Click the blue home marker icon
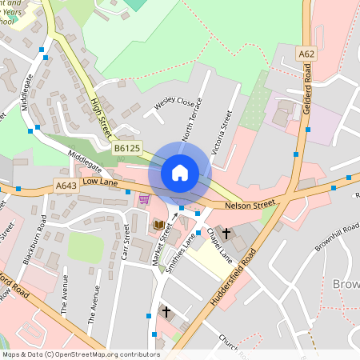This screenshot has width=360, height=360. [x=180, y=172]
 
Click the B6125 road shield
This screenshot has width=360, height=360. [x=126, y=149]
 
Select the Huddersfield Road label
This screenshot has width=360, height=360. [x=232, y=280]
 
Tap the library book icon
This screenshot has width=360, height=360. [x=158, y=226]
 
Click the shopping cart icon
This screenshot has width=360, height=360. [x=144, y=199]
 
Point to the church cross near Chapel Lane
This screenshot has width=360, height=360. [x=226, y=234]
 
